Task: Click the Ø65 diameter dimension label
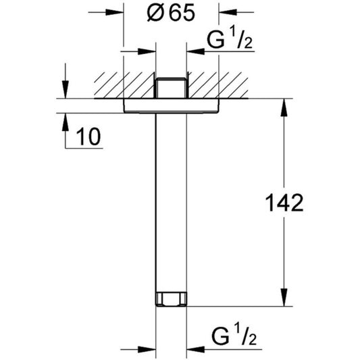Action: (171, 13)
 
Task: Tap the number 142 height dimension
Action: (284, 203)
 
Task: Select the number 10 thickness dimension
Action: (88, 136)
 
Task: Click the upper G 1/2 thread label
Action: (230, 39)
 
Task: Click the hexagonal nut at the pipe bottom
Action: (172, 299)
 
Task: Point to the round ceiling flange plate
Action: (172, 105)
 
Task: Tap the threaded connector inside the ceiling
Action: (171, 88)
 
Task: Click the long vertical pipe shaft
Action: (171, 203)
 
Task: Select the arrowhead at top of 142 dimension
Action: (284, 107)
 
